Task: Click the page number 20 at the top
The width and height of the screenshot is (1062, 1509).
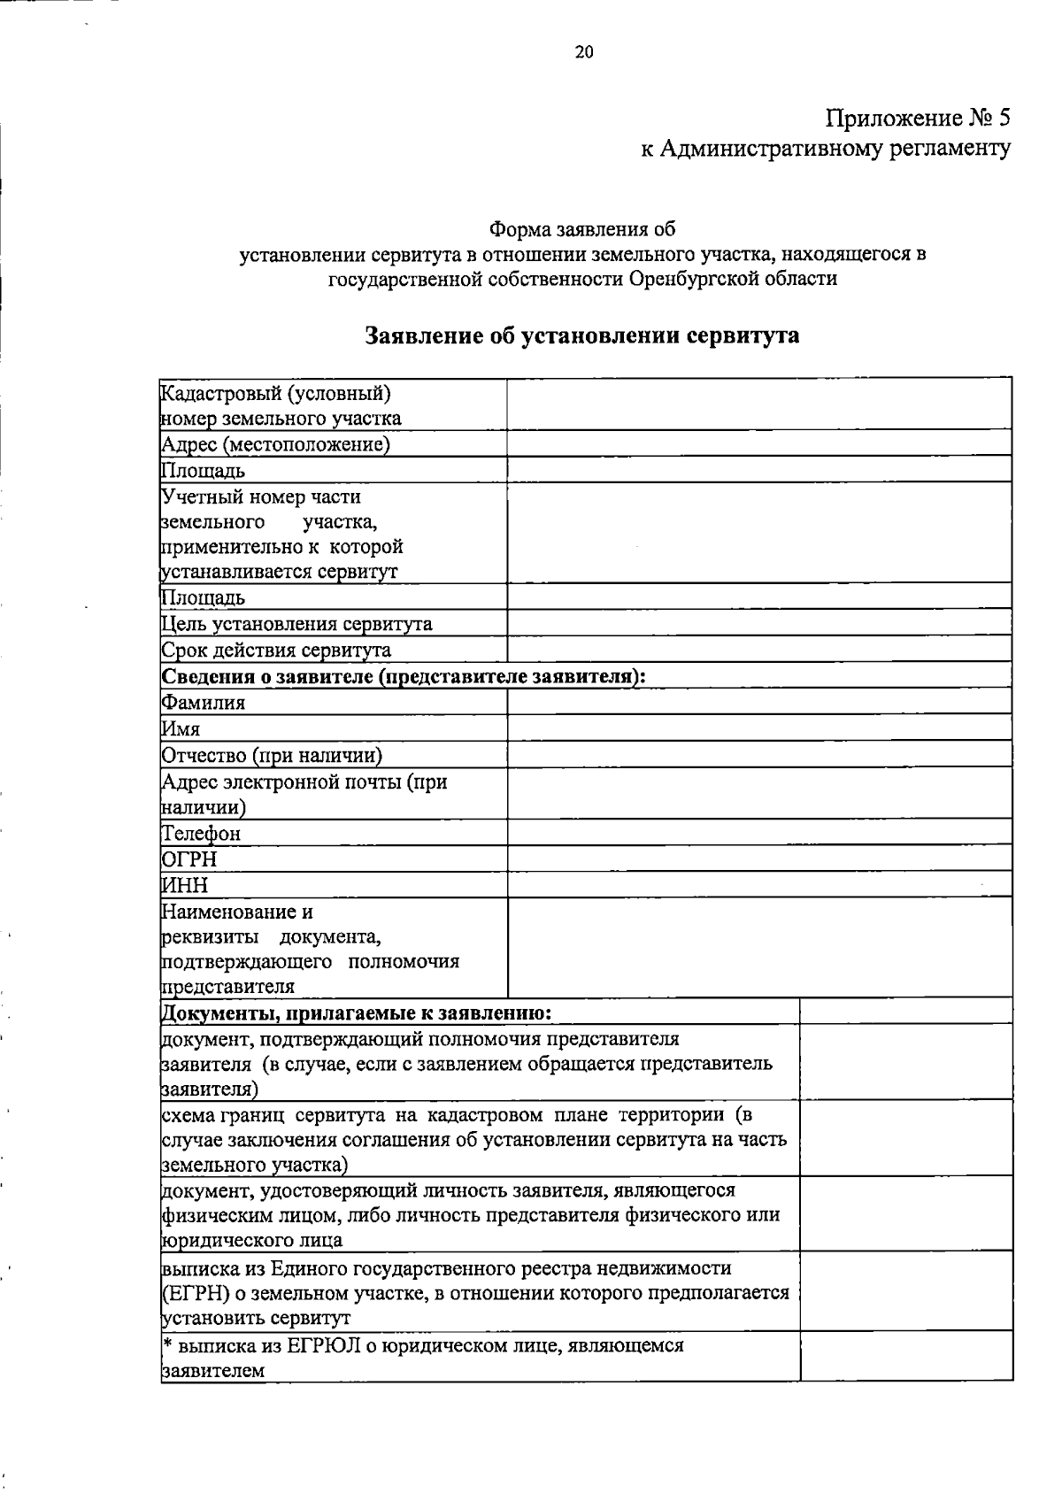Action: [x=584, y=52]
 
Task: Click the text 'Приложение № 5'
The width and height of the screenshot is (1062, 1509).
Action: [x=918, y=118]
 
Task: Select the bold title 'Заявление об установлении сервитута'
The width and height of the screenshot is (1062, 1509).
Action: [x=582, y=336]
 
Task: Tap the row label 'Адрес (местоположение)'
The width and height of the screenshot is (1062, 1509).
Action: [x=275, y=444]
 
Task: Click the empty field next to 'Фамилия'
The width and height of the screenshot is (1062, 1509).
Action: [x=759, y=703]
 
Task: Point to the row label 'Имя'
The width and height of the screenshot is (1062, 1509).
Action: [x=181, y=729]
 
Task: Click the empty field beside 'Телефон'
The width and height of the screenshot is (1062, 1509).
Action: [x=759, y=833]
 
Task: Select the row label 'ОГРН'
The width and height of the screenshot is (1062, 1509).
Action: [x=189, y=859]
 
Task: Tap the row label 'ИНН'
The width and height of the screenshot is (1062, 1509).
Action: [x=185, y=885]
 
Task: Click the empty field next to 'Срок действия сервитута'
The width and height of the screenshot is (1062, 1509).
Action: [x=759, y=651]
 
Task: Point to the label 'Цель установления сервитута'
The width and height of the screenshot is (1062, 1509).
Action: [x=296, y=625]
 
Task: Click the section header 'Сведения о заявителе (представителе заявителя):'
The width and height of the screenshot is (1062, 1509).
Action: [x=404, y=677]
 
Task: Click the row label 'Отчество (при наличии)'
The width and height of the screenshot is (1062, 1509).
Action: [x=272, y=756]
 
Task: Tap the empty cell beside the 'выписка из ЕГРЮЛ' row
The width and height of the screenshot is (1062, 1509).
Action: [x=906, y=1357]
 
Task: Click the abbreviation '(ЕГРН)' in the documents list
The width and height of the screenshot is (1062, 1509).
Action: [x=191, y=1293]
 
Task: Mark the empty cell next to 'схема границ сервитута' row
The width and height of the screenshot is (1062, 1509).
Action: [x=906, y=1138]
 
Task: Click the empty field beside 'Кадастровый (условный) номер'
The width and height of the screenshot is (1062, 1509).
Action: [x=759, y=404]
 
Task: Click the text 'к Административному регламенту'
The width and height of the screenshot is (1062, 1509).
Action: [x=825, y=149]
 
